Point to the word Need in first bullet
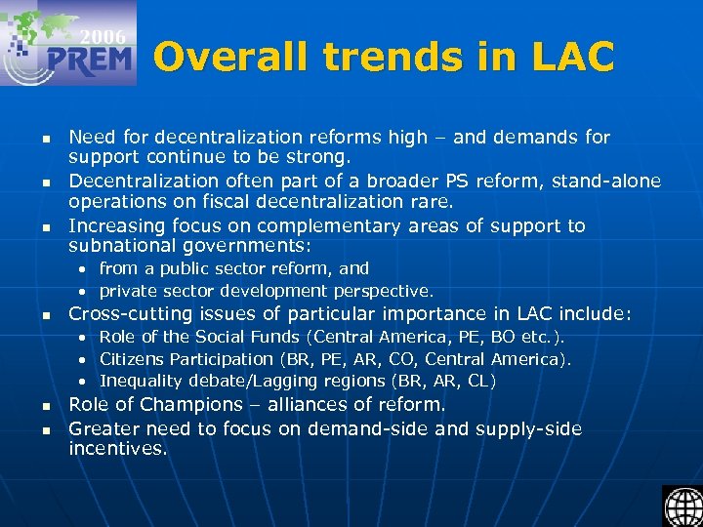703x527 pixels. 91,138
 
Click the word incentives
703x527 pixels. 117,449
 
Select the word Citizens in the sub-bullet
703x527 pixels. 132,359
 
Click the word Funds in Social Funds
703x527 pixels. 274,337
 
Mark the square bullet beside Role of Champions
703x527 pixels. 45,406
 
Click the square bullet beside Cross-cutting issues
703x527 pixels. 45,315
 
